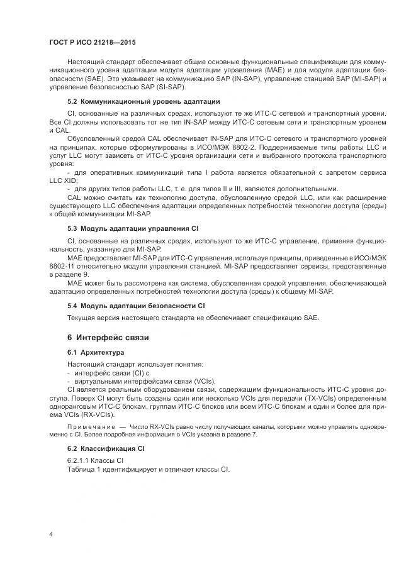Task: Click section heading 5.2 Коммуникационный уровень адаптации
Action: pos(143,101)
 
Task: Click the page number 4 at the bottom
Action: pos(51,534)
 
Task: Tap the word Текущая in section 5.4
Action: pos(82,317)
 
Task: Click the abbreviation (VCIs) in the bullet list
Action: pos(202,381)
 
